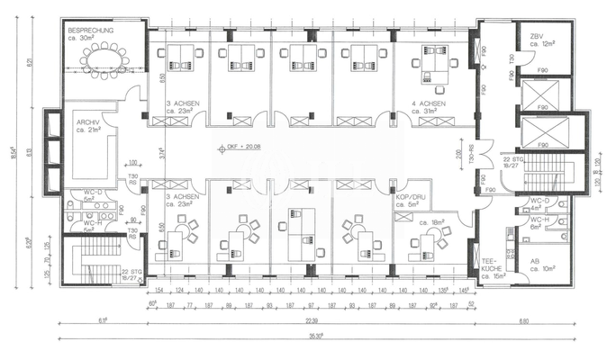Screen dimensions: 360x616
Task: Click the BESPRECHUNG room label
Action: [x=90, y=30]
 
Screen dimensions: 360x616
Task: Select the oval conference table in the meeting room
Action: [x=105, y=58]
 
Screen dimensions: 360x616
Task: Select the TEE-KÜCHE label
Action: [x=492, y=262]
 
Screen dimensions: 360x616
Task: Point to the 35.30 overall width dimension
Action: [x=312, y=336]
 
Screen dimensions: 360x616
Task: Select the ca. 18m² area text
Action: [x=418, y=221]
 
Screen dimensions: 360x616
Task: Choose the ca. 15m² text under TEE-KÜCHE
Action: [x=493, y=275]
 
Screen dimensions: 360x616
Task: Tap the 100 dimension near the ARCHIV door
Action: [x=131, y=163]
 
